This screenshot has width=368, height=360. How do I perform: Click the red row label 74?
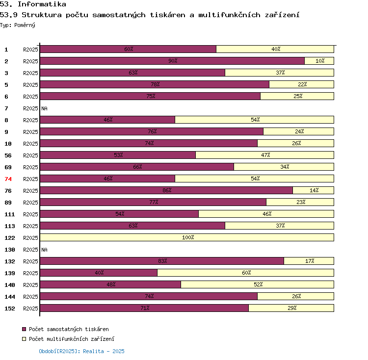click(x=8, y=179)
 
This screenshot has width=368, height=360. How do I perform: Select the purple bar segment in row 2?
click(x=172, y=61)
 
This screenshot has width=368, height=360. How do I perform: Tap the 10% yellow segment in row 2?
click(x=319, y=61)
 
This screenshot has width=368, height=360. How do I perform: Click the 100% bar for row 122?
click(x=187, y=237)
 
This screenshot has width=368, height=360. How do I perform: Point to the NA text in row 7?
click(x=44, y=108)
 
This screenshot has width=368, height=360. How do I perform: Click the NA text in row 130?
click(x=44, y=250)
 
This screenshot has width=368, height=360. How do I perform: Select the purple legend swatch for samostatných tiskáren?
click(x=24, y=329)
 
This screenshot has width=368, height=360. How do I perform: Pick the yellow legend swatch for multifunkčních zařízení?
click(x=24, y=339)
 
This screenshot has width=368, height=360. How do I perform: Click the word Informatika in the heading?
click(x=42, y=4)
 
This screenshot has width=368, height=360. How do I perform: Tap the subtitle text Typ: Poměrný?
click(x=18, y=25)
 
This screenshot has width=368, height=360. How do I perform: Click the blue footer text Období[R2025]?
click(x=59, y=351)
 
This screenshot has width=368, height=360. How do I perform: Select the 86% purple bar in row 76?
click(x=166, y=190)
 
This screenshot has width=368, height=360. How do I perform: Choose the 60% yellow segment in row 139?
click(x=246, y=273)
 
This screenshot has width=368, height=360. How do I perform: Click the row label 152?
click(x=10, y=309)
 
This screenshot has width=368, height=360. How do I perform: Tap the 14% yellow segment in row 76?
click(x=314, y=190)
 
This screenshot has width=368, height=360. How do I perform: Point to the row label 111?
click(x=10, y=214)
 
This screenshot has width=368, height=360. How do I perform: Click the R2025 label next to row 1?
click(x=30, y=50)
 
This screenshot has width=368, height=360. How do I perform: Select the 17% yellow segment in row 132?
click(x=309, y=261)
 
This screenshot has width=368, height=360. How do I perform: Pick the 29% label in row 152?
click(x=291, y=308)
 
